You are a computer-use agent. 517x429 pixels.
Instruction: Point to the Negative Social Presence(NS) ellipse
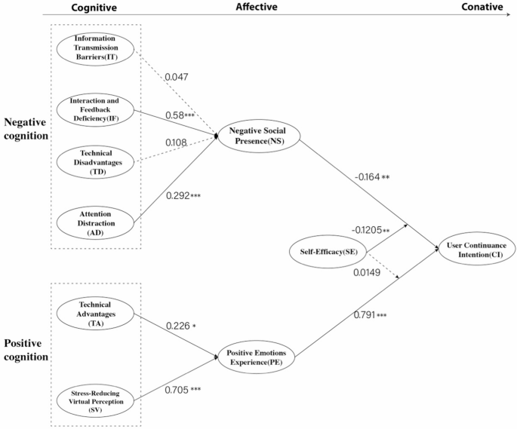click(258, 136)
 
